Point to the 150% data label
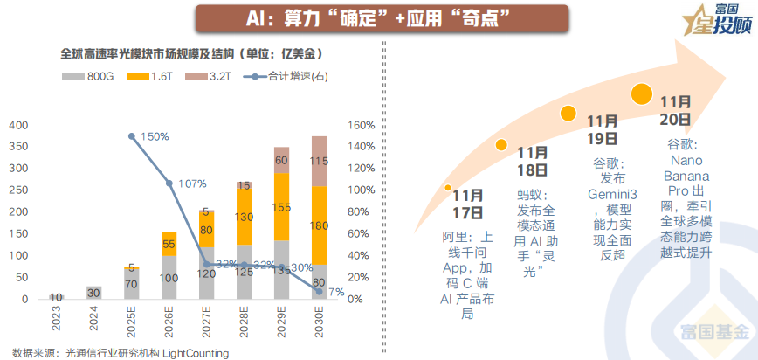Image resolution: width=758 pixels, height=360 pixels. point(154,137)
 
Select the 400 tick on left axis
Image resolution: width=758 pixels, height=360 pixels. point(17,125)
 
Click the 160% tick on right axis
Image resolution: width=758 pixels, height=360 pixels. point(360,125)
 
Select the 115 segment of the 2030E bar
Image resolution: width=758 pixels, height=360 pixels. point(319,161)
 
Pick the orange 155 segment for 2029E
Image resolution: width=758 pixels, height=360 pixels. point(281,208)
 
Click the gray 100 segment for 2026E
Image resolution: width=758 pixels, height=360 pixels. point(169,277)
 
